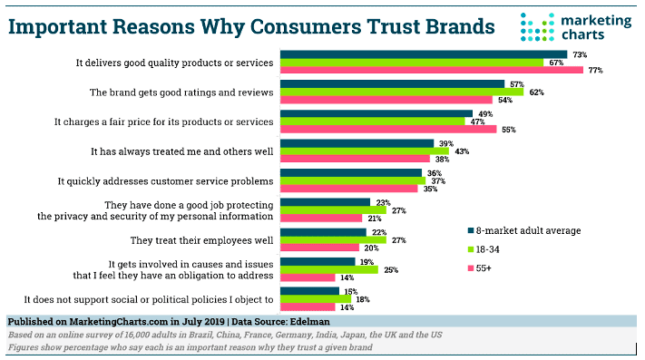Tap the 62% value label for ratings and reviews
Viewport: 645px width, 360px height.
[x=535, y=92]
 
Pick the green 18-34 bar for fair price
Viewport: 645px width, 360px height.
[x=371, y=121]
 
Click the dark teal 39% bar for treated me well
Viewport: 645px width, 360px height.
[x=357, y=142]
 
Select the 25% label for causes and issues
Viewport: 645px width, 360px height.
[x=391, y=269]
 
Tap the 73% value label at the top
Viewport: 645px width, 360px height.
[x=579, y=54]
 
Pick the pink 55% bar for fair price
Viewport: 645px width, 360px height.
[x=388, y=129]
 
